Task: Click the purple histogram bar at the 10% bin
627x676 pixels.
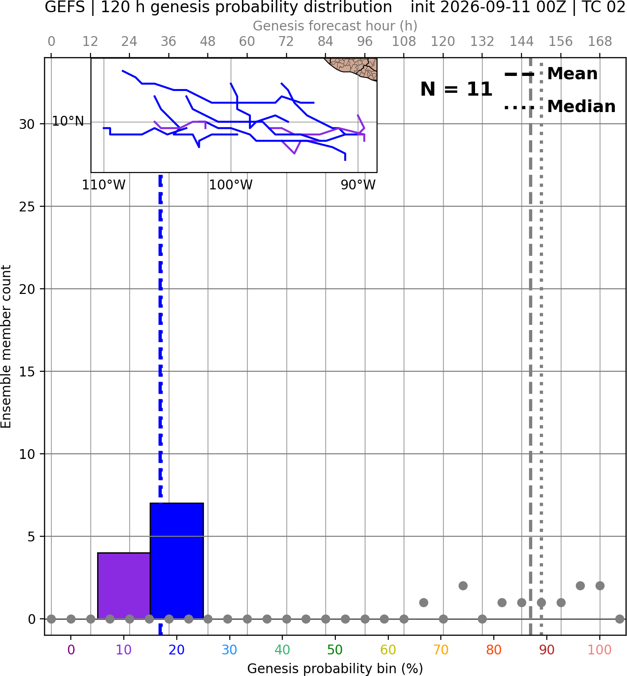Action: click(x=124, y=586)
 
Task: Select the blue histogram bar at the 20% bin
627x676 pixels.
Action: click(x=177, y=561)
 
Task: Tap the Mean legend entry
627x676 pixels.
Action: click(x=551, y=74)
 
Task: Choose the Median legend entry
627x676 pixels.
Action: click(x=559, y=106)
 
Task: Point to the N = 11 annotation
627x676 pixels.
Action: click(x=456, y=89)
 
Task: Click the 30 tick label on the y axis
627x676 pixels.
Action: click(x=27, y=124)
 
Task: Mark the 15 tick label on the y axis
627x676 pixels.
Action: click(x=27, y=372)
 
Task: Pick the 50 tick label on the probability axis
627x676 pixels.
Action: click(x=335, y=650)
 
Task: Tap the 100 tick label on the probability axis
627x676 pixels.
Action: click(x=600, y=650)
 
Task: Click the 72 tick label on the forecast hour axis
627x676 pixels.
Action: click(x=286, y=42)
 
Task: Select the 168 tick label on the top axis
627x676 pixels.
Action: click(x=600, y=42)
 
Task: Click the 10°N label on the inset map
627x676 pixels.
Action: click(x=68, y=121)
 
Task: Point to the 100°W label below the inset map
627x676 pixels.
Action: click(x=231, y=185)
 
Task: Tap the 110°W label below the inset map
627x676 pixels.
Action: click(x=104, y=185)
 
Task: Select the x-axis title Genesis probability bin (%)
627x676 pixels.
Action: click(x=335, y=668)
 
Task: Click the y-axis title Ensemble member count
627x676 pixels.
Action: click(x=6, y=346)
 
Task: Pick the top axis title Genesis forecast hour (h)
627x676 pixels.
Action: click(x=335, y=26)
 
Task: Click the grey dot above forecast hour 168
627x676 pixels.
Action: click(x=600, y=586)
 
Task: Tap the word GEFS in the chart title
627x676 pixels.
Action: click(x=65, y=7)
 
